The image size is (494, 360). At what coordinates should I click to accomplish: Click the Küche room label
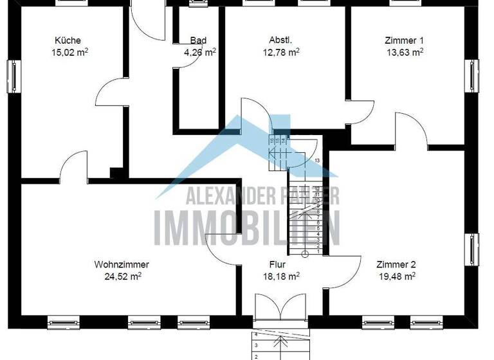tap(68, 40)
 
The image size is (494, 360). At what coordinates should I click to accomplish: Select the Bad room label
tap(198, 40)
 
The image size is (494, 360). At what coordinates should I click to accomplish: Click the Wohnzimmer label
tap(122, 264)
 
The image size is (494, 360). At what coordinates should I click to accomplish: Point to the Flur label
tap(278, 264)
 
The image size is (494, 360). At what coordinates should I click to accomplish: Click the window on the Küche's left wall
tap(12, 76)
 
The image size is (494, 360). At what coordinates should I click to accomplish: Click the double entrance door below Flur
tap(280, 308)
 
